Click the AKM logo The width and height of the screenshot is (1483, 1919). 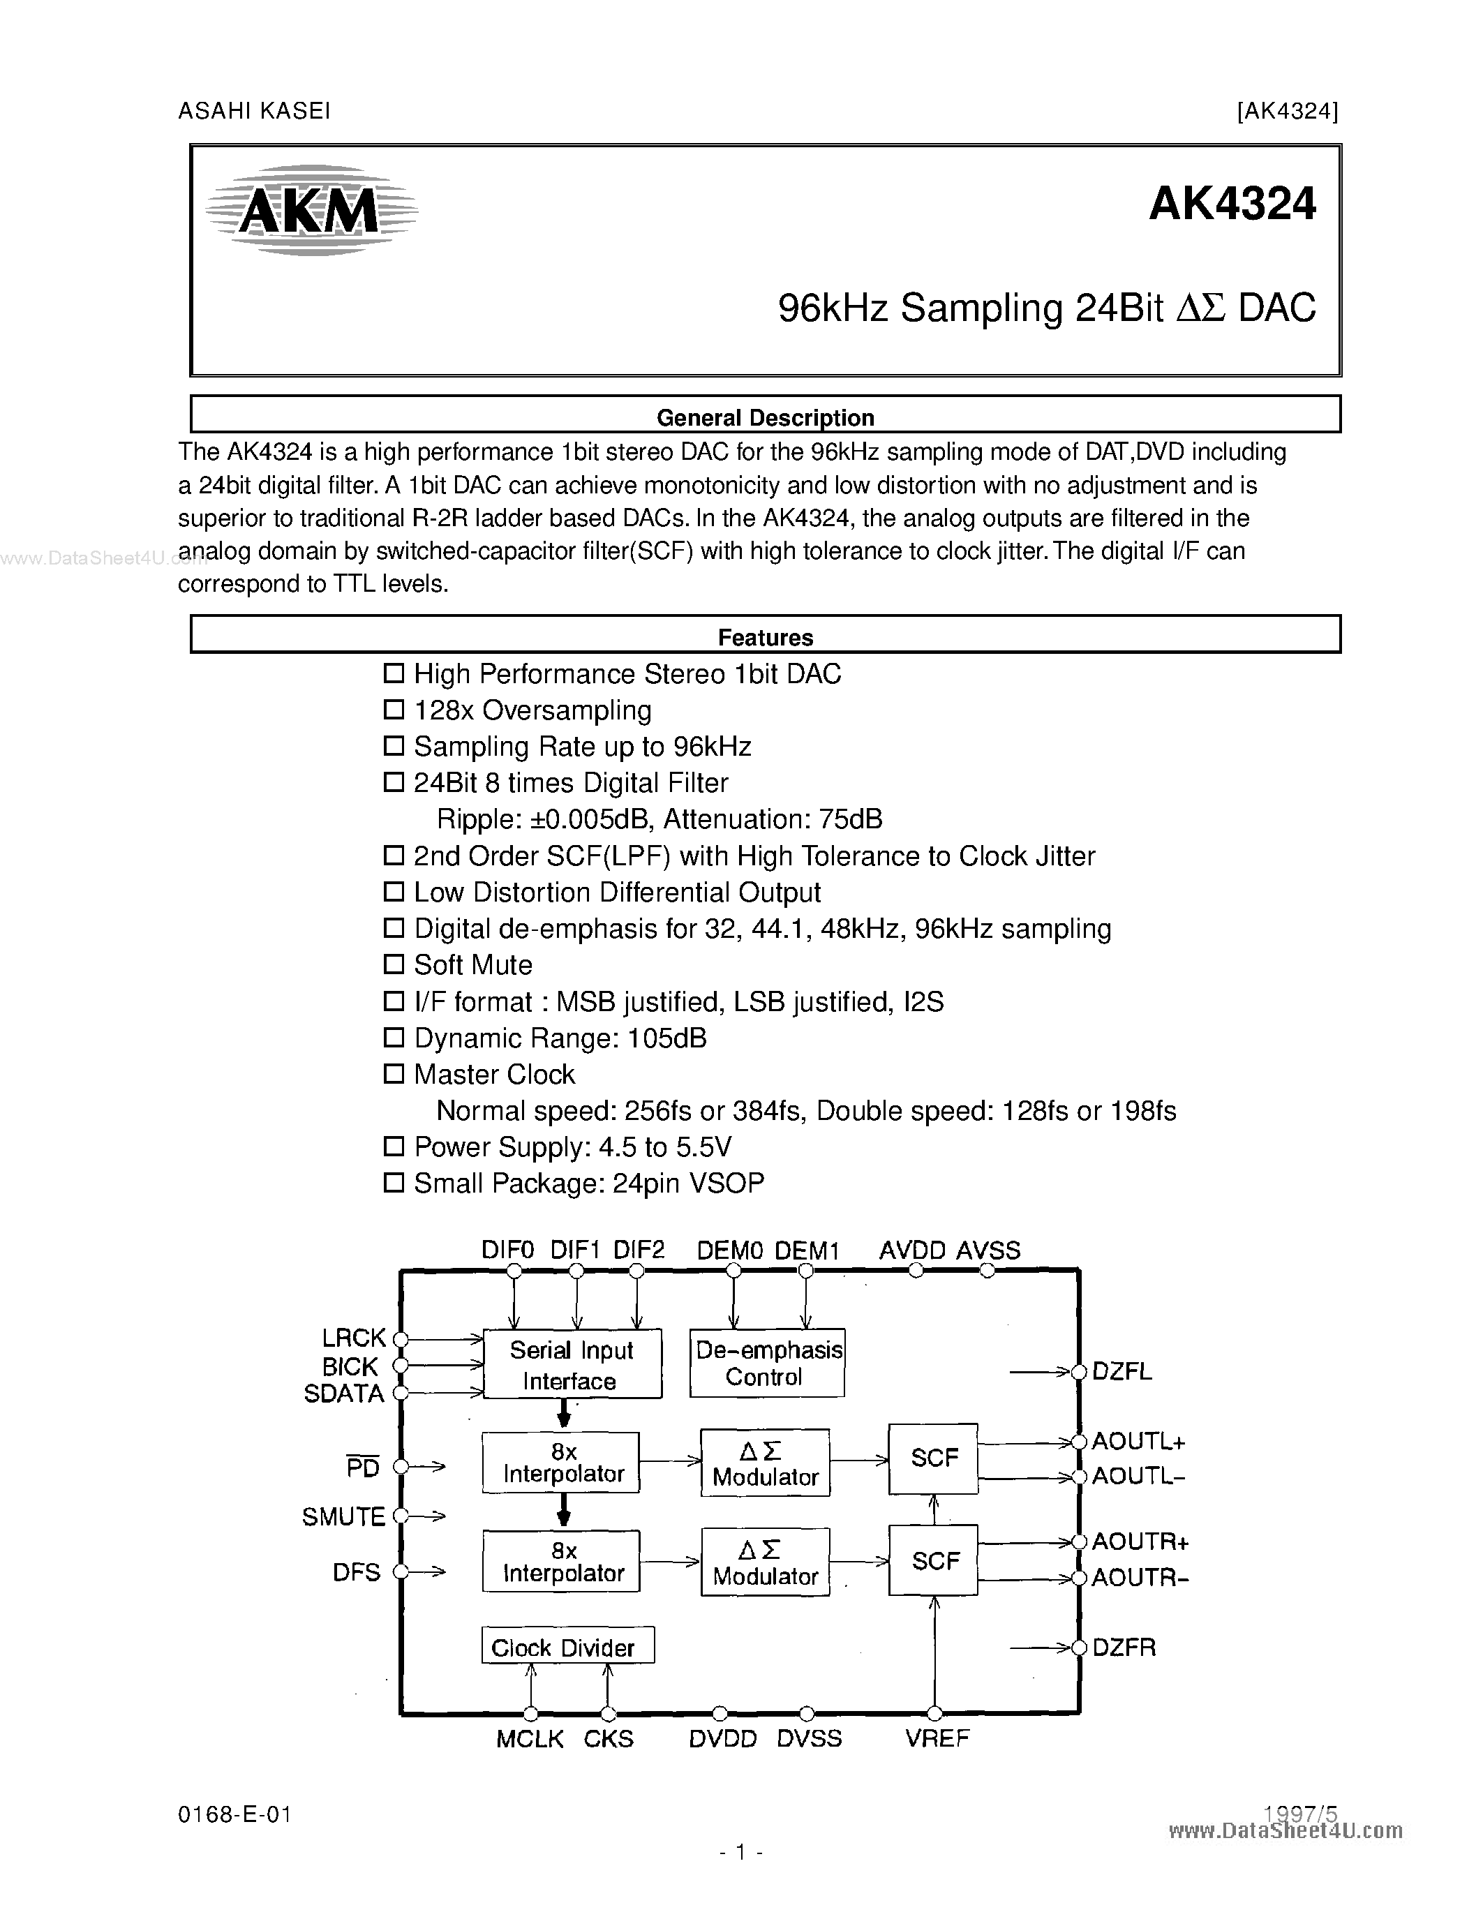(311, 211)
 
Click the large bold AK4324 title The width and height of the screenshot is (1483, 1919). (1232, 204)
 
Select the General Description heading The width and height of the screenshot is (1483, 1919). (765, 417)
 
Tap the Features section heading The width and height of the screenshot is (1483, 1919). (765, 637)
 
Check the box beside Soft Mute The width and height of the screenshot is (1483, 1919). (394, 965)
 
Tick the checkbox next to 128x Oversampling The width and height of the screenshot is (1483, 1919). (394, 710)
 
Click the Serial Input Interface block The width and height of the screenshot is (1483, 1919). (572, 1364)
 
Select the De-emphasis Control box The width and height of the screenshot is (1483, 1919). (768, 1363)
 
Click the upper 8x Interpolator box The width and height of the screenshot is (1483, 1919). (561, 1463)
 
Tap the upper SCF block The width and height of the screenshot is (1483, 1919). (933, 1458)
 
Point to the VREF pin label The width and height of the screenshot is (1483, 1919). (937, 1738)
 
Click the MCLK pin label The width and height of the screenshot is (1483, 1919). (529, 1739)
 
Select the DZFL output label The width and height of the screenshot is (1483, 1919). (1122, 1372)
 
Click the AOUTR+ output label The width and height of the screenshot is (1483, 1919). (1140, 1541)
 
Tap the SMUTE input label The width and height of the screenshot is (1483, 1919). (343, 1516)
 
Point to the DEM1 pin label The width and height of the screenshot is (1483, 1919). (807, 1250)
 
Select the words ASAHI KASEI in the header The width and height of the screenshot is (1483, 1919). (254, 111)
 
